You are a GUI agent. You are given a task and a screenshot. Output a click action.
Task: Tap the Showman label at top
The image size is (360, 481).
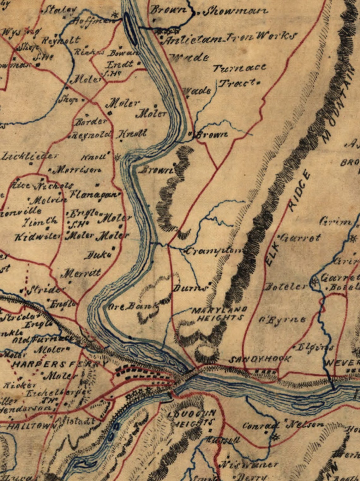[x=235, y=12]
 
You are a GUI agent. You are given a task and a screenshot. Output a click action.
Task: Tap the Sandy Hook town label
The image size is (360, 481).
[x=260, y=359]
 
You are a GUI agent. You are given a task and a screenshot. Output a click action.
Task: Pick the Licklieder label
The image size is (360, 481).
[x=30, y=156]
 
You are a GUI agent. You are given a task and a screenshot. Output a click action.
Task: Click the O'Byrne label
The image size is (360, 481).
[x=282, y=320]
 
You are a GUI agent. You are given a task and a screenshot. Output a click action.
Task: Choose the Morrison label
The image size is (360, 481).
[x=77, y=170]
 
